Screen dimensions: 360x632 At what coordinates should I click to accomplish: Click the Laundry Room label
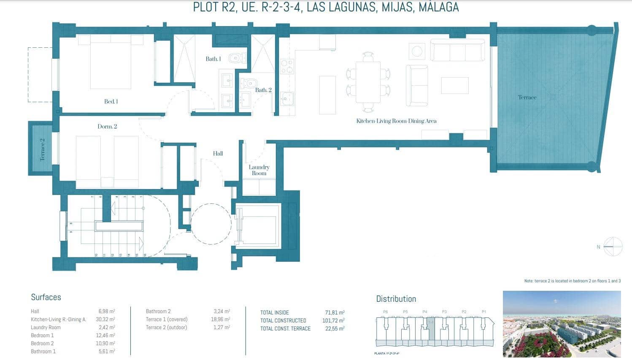click(x=259, y=170)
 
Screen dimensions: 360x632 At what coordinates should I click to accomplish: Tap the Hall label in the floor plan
click(x=218, y=154)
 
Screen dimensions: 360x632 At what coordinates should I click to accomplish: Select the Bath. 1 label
click(x=213, y=59)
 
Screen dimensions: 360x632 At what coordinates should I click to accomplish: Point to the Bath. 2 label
click(x=263, y=90)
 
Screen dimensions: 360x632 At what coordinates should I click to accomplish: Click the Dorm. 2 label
click(x=107, y=127)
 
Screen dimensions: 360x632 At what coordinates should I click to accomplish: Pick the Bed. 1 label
click(x=111, y=102)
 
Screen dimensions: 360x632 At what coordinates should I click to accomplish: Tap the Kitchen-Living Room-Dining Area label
click(x=396, y=121)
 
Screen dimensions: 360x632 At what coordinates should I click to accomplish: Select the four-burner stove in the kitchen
click(x=287, y=67)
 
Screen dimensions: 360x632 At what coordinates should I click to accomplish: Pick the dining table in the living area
click(x=368, y=82)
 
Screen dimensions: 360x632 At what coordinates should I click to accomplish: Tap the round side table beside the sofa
click(x=417, y=51)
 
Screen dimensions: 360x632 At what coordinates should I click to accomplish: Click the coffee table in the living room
click(x=455, y=85)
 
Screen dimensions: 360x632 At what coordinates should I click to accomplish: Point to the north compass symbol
click(x=612, y=246)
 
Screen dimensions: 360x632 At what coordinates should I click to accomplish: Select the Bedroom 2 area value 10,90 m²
click(x=106, y=344)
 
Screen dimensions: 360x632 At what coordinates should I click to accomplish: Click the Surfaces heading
click(x=46, y=297)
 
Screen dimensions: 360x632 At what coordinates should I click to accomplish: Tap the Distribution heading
click(x=396, y=299)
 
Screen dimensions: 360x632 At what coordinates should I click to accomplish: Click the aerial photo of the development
click(x=562, y=323)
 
